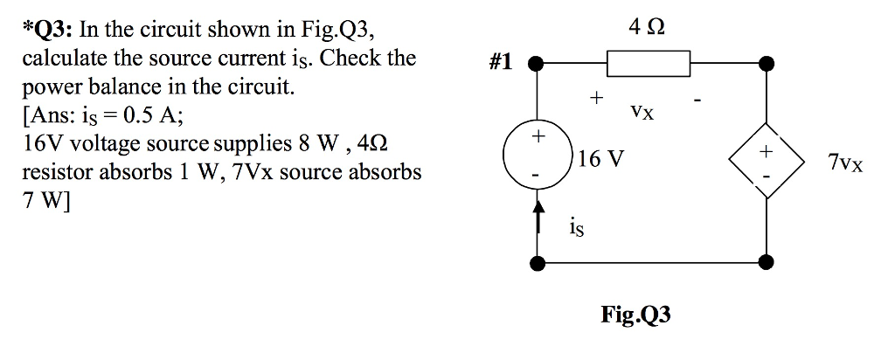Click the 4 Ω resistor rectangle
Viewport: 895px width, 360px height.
click(x=649, y=63)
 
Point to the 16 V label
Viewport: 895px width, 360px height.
click(x=601, y=159)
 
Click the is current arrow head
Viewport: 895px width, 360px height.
click(x=539, y=207)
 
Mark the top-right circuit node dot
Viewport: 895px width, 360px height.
click(x=767, y=63)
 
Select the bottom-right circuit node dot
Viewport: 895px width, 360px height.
click(x=767, y=261)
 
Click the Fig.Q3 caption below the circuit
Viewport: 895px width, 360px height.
click(x=636, y=315)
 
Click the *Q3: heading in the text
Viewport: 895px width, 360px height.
click(x=49, y=30)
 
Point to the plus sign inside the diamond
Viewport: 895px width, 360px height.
click(x=767, y=152)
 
